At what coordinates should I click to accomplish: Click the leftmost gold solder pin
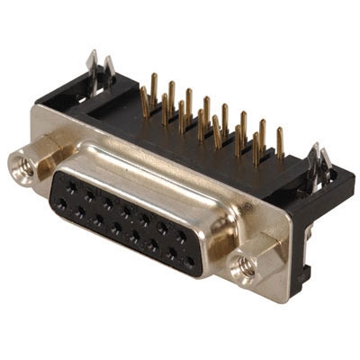click(x=144, y=99)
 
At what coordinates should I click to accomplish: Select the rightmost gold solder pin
click(x=280, y=142)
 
